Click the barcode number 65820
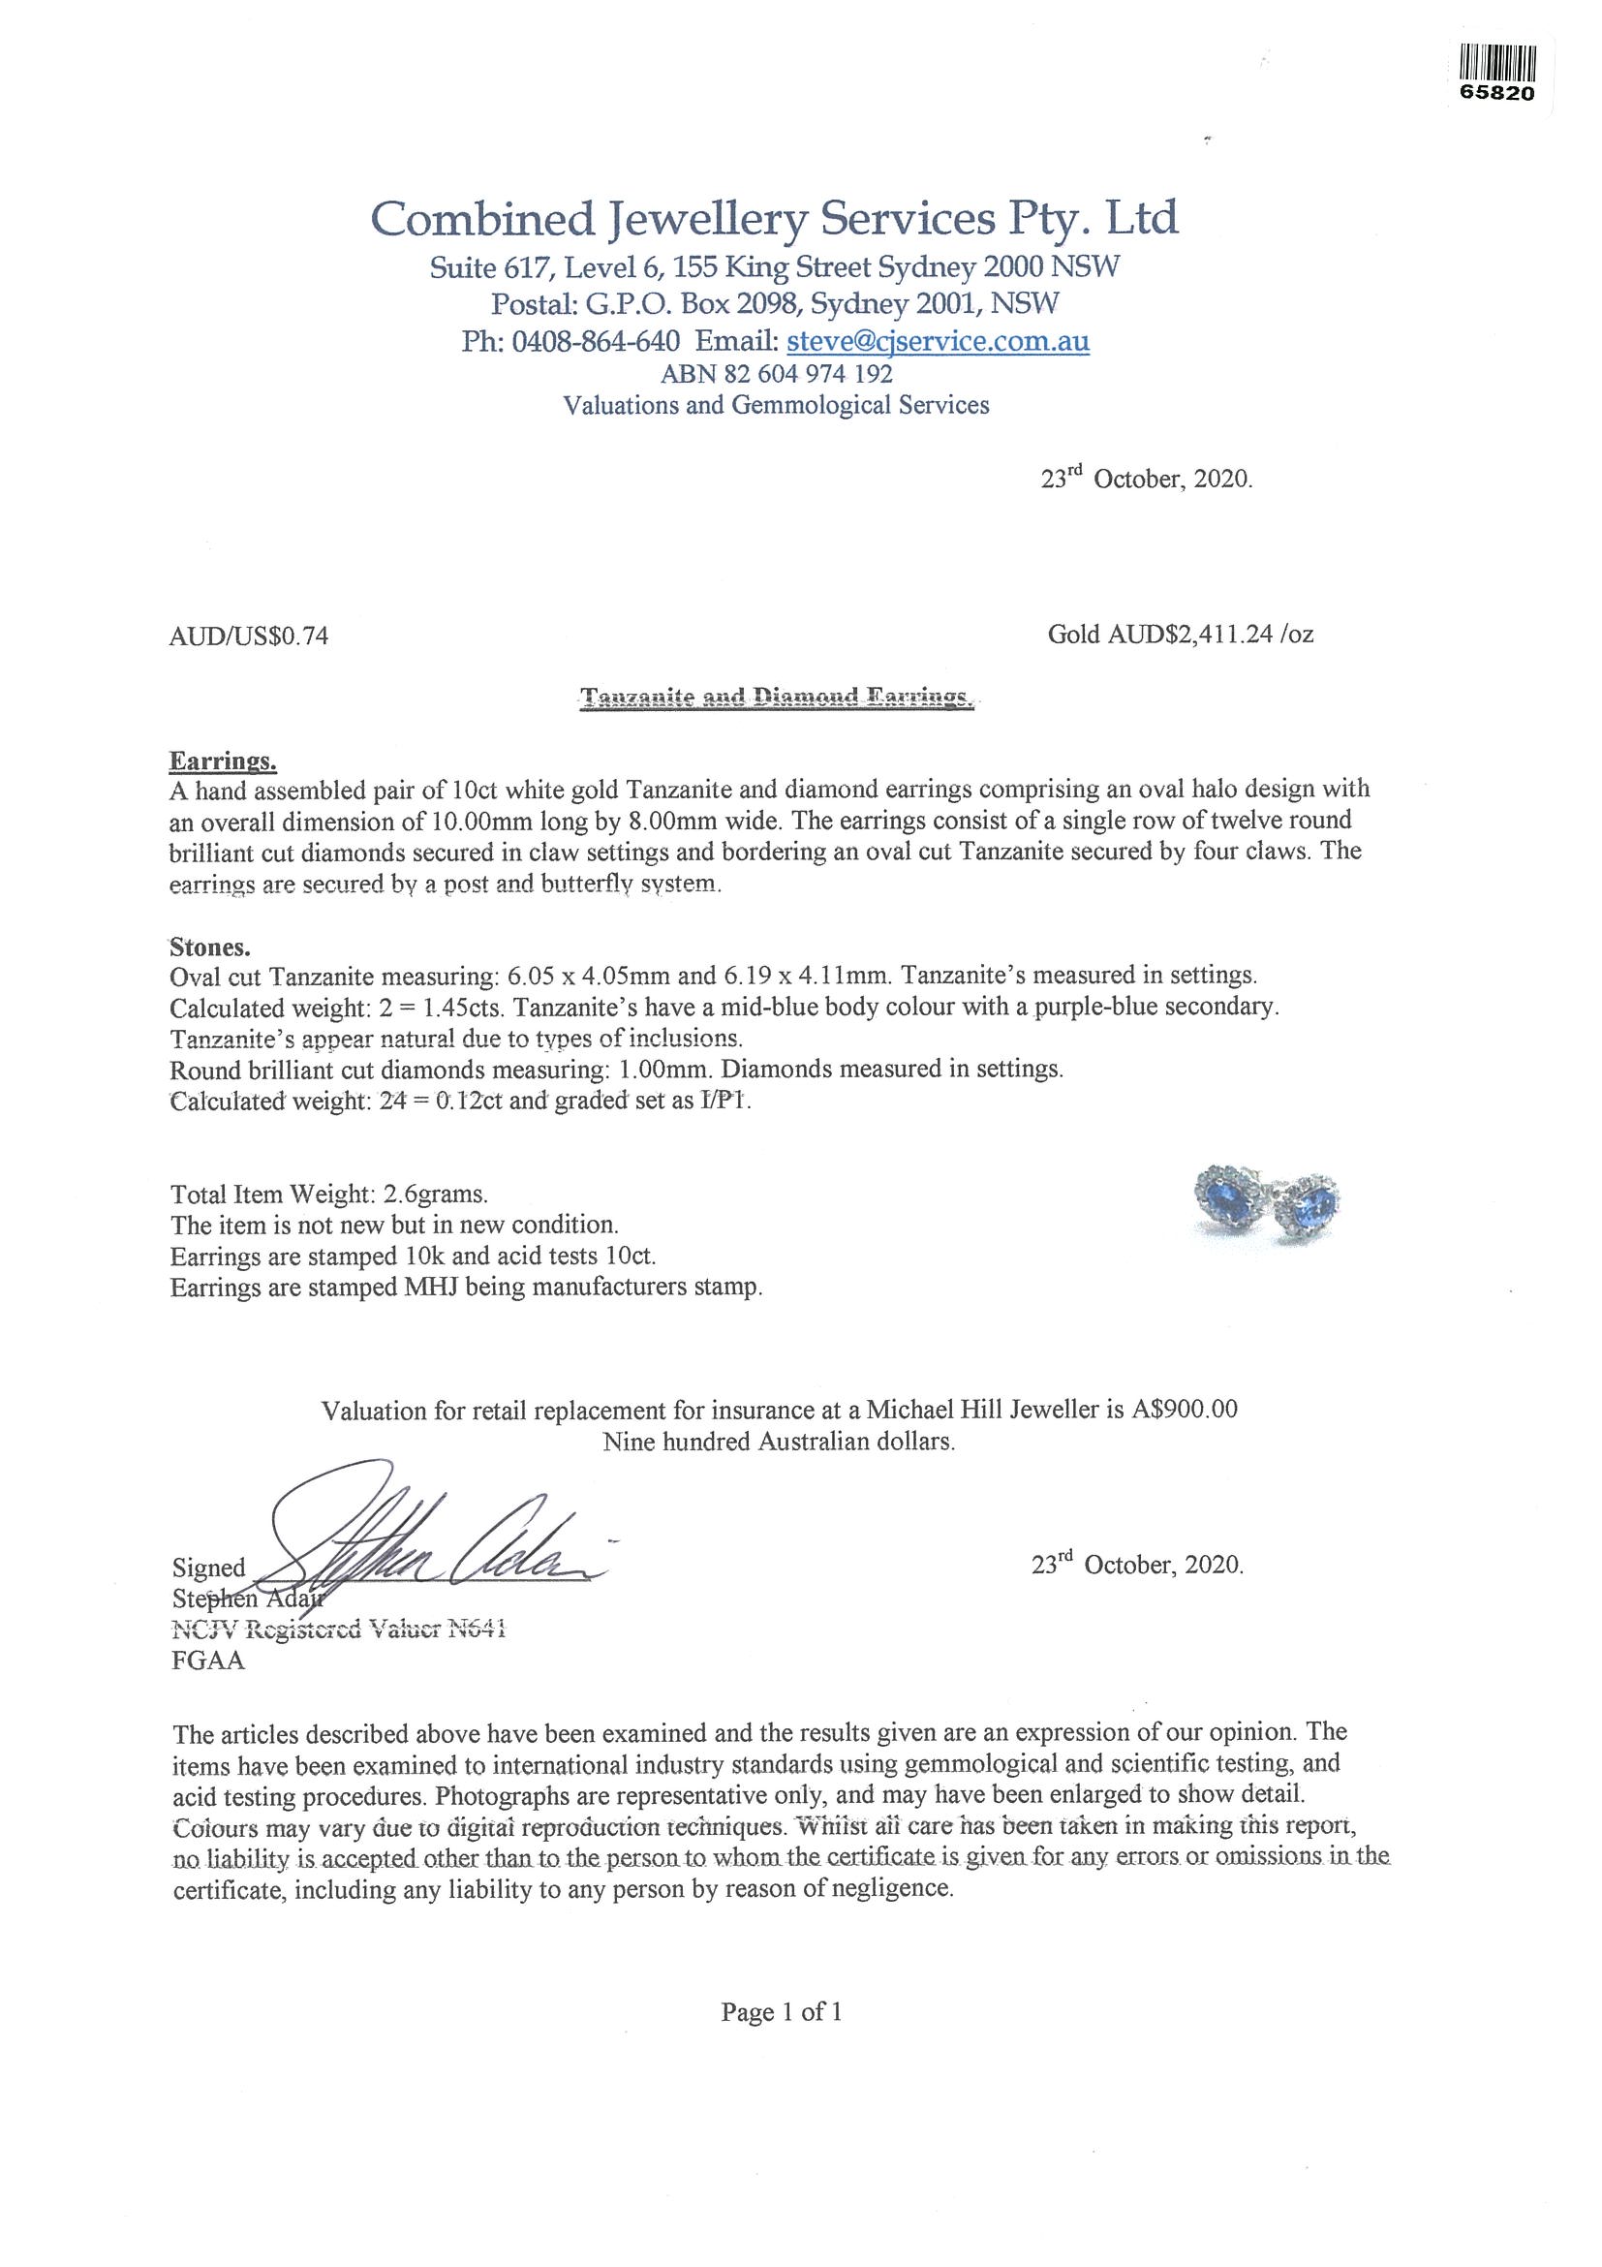pos(1497,95)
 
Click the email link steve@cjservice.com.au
pos(937,342)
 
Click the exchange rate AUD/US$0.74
pos(249,637)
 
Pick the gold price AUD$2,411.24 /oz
pos(1181,634)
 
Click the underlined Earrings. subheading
pos(223,762)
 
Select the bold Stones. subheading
pos(210,947)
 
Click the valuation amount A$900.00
pos(1183,1410)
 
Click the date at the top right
pos(1147,481)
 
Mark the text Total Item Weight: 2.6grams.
pos(328,1194)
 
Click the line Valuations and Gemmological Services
pos(775,405)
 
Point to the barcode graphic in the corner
pos(1497,63)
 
